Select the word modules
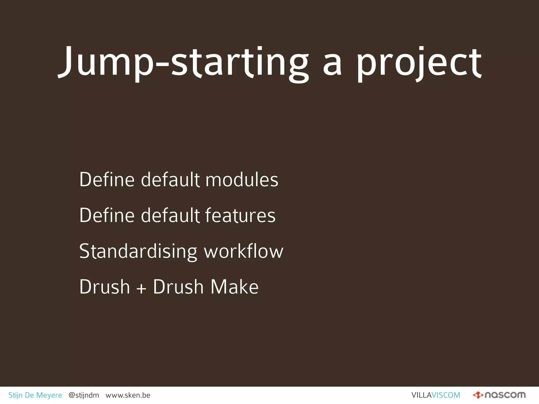point(242,180)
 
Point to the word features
point(240,215)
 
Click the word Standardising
point(138,251)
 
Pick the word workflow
point(244,251)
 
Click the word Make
point(234,287)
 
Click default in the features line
point(170,215)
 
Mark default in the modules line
point(170,180)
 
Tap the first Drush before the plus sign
point(104,287)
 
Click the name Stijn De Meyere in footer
point(35,395)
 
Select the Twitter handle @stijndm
point(84,395)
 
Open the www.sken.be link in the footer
point(128,395)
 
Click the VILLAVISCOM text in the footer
point(436,395)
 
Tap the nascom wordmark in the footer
point(505,395)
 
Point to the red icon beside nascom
point(478,395)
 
